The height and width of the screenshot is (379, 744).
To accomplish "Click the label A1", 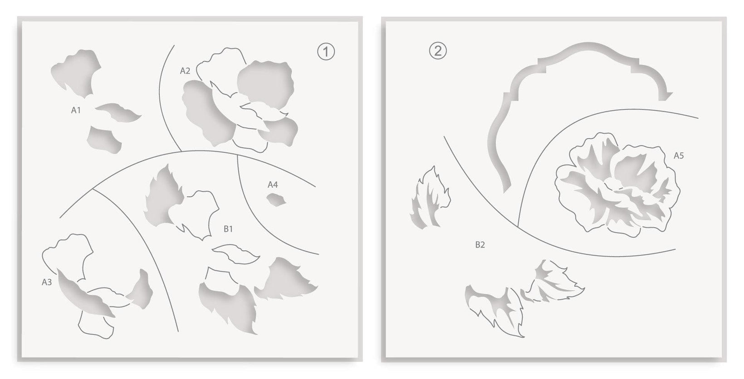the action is (x=76, y=110).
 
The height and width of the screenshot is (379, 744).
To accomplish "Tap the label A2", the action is (x=185, y=71).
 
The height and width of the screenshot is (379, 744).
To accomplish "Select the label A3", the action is (x=47, y=282).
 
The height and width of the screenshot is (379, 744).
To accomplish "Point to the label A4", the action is (x=273, y=185).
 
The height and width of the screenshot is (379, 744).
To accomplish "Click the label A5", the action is (x=679, y=155).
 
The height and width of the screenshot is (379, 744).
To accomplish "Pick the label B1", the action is (x=228, y=228).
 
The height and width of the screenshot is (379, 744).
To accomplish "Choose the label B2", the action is (x=480, y=245).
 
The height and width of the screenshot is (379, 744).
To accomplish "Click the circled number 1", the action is (x=326, y=51).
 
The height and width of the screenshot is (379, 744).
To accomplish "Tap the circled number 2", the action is (x=438, y=51).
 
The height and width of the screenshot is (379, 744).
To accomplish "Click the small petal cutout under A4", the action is (x=276, y=200).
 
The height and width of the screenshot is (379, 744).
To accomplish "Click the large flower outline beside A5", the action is (x=617, y=185).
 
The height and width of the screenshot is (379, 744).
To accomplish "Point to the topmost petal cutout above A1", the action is (x=76, y=73).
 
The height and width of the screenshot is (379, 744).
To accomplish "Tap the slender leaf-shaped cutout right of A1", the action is (x=118, y=112).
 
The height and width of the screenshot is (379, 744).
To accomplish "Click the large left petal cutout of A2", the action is (x=208, y=113).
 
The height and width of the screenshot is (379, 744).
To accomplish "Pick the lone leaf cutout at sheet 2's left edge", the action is (x=430, y=198).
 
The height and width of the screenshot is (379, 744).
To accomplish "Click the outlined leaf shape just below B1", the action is (x=235, y=254).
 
